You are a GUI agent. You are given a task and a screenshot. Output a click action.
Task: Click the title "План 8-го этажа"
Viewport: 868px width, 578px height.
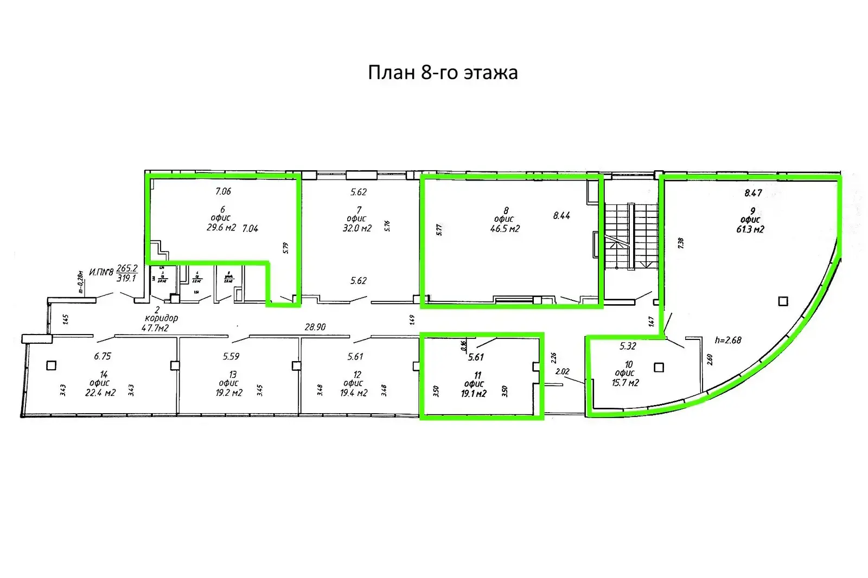[x=443, y=73]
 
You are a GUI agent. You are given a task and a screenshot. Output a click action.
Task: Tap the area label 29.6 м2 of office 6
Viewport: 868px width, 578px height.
[x=221, y=228]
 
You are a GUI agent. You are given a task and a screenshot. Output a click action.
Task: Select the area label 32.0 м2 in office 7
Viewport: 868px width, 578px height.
[x=357, y=228]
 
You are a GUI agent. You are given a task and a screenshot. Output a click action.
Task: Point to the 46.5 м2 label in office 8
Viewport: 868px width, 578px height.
[x=505, y=229]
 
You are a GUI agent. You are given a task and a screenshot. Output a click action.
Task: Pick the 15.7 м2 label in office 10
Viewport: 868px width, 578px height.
[x=625, y=382]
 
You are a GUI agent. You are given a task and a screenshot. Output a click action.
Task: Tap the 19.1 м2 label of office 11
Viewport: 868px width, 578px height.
[x=474, y=394]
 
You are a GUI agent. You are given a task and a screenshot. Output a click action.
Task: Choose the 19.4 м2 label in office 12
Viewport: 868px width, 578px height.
[x=353, y=393]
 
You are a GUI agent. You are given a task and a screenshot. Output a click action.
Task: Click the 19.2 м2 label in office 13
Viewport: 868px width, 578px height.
[x=229, y=393]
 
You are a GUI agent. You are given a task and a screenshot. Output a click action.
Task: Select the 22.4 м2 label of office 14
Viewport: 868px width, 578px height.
[x=100, y=393]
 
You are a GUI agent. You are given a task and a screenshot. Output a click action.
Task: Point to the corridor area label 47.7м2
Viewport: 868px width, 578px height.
[x=155, y=327]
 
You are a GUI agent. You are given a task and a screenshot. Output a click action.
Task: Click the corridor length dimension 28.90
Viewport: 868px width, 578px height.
[x=315, y=327]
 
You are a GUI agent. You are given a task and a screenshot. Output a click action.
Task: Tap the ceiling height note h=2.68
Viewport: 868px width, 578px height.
[x=728, y=340]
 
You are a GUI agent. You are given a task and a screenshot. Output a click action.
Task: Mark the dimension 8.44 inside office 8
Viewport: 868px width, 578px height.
[x=561, y=216]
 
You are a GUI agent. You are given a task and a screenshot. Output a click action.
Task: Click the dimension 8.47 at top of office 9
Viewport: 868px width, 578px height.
[x=753, y=192]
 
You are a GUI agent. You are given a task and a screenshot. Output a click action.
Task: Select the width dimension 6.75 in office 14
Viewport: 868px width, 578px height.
[x=103, y=356]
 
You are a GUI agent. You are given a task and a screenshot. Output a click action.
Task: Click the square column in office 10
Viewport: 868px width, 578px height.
[x=659, y=368]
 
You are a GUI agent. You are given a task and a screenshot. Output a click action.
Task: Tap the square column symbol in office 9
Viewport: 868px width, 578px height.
[x=783, y=301]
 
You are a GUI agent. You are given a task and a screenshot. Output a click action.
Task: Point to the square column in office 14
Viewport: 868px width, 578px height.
[x=51, y=365]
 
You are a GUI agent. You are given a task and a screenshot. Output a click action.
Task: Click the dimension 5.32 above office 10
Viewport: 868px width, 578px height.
[x=628, y=346]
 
